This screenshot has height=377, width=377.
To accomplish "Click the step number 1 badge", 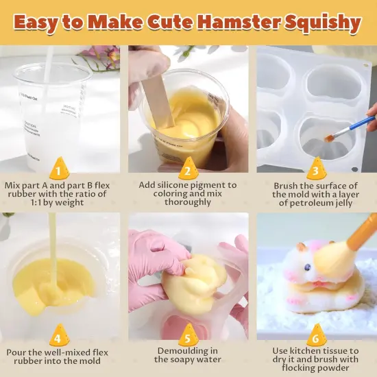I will coord(60,169).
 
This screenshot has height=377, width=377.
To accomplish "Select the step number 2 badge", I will coord(188,169).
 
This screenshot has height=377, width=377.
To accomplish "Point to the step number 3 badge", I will coord(315,169).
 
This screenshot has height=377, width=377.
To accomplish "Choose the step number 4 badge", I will coord(60,337).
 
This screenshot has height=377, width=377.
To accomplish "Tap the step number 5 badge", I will coord(188,337).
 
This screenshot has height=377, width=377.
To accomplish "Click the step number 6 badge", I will coord(315,337).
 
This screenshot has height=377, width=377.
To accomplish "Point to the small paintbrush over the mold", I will coord(350,128).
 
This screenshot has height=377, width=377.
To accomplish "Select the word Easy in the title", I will coord(40,23).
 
